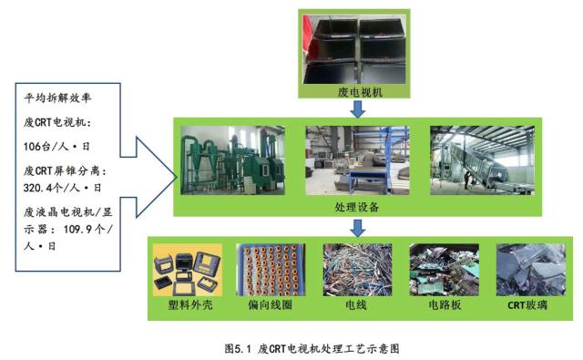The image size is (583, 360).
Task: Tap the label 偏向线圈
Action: coord(268,305)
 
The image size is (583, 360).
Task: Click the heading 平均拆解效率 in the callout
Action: coord(57,98)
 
